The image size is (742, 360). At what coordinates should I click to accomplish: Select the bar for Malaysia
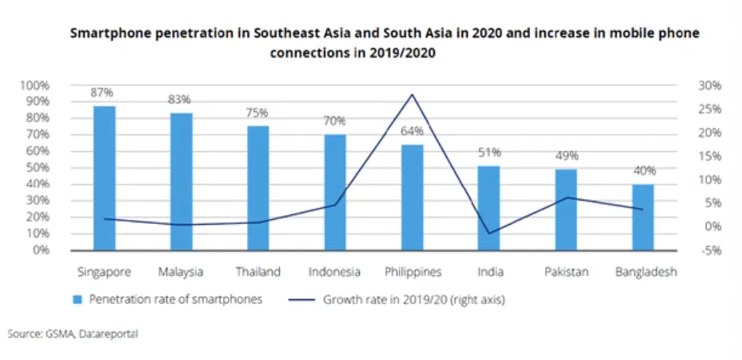[181, 181]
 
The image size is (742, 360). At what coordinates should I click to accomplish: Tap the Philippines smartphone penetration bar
[412, 197]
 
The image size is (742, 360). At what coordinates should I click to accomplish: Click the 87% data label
[102, 93]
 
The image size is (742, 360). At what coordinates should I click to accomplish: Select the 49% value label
[566, 155]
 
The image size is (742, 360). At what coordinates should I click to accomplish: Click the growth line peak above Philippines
[412, 94]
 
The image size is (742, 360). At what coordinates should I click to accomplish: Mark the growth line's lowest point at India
[489, 233]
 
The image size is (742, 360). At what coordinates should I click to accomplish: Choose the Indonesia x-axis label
[334, 272]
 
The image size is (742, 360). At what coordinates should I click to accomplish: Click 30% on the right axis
[709, 86]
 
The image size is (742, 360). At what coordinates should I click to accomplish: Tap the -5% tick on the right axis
[709, 250]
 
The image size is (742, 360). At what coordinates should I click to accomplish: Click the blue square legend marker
[78, 301]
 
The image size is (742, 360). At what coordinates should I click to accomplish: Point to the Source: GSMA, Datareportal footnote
[73, 334]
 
